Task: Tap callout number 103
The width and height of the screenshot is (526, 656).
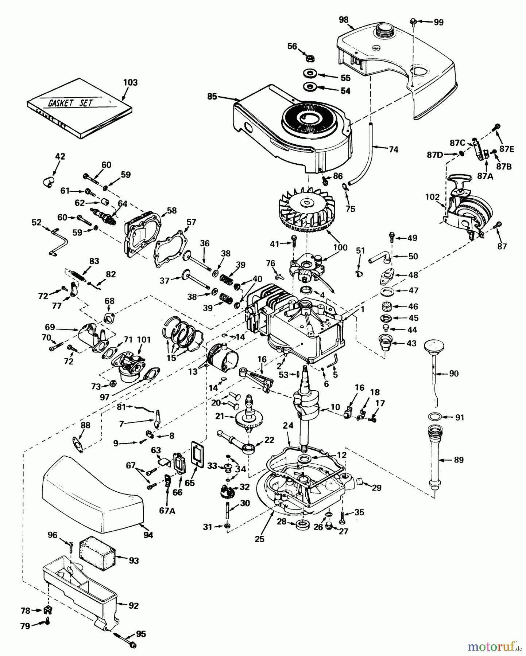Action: (130, 83)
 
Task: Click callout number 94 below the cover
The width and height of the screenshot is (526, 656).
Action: (148, 535)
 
